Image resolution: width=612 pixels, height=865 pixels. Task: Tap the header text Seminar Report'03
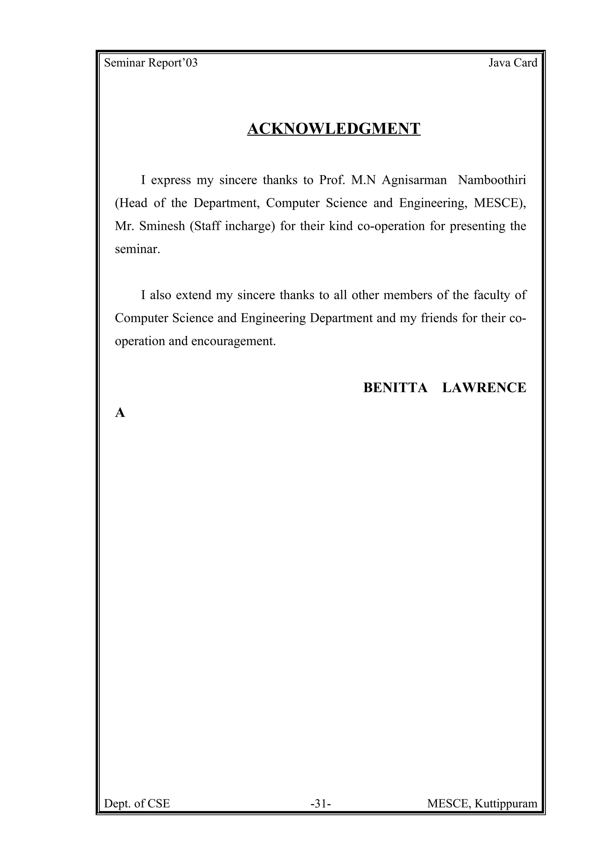pos(151,63)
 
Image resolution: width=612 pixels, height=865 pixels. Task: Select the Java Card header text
pos(513,63)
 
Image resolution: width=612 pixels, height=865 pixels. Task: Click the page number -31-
pos(321,804)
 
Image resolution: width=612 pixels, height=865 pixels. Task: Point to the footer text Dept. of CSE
pos(137,804)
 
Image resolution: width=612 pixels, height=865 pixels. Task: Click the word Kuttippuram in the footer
pos(506,804)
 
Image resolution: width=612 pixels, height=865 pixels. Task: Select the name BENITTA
pos(395,388)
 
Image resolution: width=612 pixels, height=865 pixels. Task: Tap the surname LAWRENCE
pos(484,388)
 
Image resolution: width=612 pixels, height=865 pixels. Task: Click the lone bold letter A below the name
pos(120,413)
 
